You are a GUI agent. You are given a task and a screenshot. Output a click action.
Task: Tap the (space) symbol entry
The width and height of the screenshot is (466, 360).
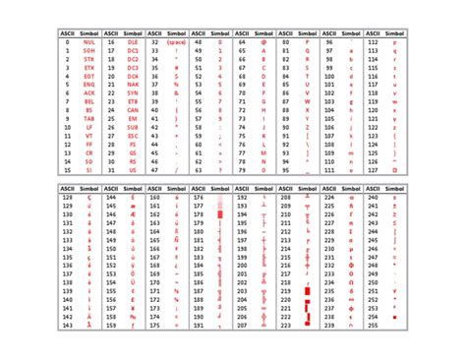(x=178, y=42)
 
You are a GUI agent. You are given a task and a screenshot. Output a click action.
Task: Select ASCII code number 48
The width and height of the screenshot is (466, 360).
(x=200, y=42)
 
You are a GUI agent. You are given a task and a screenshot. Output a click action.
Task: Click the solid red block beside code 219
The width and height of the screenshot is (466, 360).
(x=309, y=292)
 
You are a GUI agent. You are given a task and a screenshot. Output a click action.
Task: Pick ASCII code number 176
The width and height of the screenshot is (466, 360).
(x=200, y=197)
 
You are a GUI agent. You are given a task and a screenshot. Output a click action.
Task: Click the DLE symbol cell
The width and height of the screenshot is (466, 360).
(x=133, y=42)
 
